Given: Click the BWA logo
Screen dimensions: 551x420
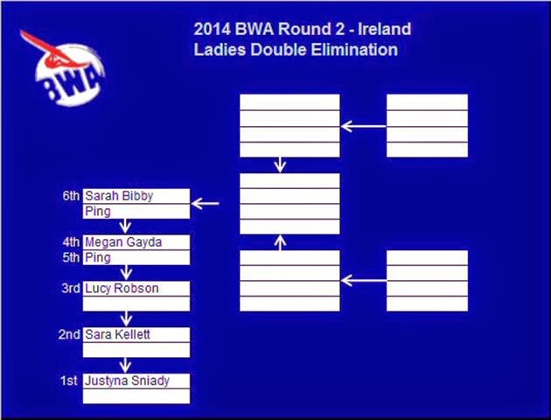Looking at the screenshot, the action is (x=63, y=69).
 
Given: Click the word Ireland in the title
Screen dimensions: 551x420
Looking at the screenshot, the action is (x=385, y=29).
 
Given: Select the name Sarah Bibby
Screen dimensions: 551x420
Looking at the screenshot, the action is (x=119, y=196).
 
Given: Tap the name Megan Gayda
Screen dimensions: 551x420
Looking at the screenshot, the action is (x=123, y=242).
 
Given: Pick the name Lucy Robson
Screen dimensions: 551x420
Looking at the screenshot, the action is (x=122, y=288).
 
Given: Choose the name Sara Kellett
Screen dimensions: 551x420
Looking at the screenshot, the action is (x=117, y=334).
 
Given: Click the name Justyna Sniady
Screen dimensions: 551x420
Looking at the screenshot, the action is (x=127, y=381).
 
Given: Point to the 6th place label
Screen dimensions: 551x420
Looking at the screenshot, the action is (x=71, y=196).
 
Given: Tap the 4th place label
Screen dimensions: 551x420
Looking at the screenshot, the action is (x=71, y=242).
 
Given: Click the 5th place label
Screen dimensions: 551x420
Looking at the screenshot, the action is (x=71, y=257).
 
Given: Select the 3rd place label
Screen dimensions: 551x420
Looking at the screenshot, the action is (x=71, y=288).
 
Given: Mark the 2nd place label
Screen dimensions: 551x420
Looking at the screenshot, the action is (x=69, y=334).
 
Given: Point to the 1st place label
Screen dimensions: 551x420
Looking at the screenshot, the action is (x=68, y=381).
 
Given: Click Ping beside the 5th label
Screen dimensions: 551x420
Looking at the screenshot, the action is (x=98, y=258).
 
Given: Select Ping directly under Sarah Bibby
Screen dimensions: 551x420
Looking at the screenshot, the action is (x=98, y=212).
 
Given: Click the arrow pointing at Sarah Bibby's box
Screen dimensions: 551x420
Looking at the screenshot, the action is (x=206, y=204).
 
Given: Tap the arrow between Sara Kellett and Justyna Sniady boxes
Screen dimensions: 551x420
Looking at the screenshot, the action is (x=125, y=365).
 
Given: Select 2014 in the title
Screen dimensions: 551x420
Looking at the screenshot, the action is (x=213, y=29).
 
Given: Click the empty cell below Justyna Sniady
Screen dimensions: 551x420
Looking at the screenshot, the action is (x=136, y=396).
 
